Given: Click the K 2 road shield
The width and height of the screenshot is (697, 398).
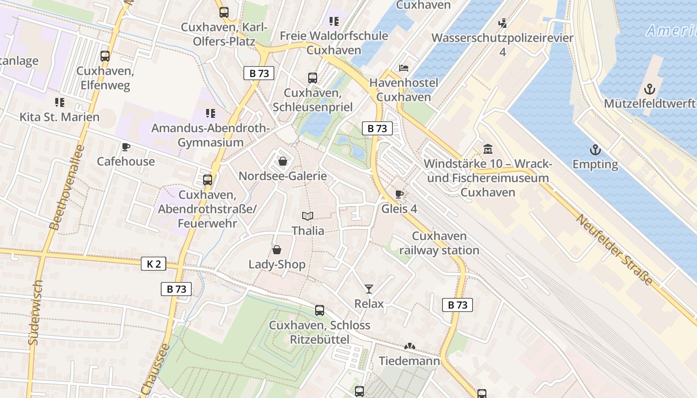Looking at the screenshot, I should (154, 264).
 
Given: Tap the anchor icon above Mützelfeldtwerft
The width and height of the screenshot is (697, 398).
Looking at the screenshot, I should (649, 89).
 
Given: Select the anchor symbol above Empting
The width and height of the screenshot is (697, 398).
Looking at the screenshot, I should (595, 150).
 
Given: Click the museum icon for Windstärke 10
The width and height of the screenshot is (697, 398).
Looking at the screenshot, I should (487, 149).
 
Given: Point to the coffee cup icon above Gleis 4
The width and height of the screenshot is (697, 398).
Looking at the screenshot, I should (399, 194).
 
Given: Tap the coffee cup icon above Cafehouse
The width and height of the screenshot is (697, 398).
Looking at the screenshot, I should (125, 147).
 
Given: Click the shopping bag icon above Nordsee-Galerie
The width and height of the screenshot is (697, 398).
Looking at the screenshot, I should (283, 161).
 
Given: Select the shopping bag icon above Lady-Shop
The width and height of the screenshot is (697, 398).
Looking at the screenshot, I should (277, 250).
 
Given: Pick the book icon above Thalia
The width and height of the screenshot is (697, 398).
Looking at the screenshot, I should (308, 216).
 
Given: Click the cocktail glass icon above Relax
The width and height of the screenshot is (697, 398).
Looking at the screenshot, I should (369, 289).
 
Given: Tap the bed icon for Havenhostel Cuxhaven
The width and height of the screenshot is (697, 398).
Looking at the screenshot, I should (404, 68).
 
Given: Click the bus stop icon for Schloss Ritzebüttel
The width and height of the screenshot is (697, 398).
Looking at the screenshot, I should (320, 310).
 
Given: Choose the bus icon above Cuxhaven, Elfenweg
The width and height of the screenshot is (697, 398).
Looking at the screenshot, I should (105, 56).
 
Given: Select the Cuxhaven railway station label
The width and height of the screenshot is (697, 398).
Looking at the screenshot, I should (439, 243).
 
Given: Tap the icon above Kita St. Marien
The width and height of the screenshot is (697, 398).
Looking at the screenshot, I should (59, 102).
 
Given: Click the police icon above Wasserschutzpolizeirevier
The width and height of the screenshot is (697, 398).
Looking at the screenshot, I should (502, 23).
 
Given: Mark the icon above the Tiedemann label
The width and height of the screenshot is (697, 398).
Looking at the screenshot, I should (410, 346).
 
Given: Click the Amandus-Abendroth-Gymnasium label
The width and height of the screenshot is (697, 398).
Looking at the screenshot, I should (211, 135).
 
